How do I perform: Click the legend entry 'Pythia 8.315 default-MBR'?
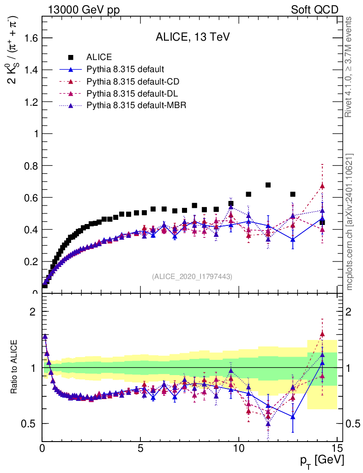pyautogui.click(x=136, y=106)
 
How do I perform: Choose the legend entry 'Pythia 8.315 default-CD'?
pyautogui.click(x=133, y=82)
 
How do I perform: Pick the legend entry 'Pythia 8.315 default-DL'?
pyautogui.click(x=133, y=94)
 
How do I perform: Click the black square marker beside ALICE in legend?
pyautogui.click(x=71, y=57)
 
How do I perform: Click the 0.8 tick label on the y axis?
pyautogui.click(x=30, y=165)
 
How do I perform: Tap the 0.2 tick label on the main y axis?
pyautogui.click(x=30, y=261)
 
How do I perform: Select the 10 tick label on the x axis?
pyautogui.click(x=238, y=448)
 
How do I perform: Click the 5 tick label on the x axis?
pyautogui.click(x=140, y=448)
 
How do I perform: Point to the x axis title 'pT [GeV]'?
pyautogui.click(x=321, y=461)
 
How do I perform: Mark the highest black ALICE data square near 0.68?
pyautogui.click(x=268, y=185)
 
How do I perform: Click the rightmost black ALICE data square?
pyautogui.click(x=322, y=223)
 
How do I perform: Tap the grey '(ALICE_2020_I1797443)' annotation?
pyautogui.click(x=192, y=276)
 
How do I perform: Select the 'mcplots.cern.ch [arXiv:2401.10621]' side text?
pyautogui.click(x=350, y=222)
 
